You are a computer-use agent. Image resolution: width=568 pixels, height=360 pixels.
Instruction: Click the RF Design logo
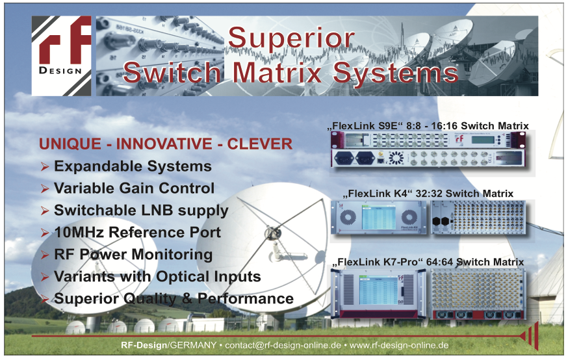[62, 56]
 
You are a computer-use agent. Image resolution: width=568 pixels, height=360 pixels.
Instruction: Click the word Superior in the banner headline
[291, 38]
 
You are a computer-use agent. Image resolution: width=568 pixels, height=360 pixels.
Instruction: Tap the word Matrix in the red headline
[277, 72]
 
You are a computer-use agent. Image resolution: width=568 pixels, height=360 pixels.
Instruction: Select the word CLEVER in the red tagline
[259, 144]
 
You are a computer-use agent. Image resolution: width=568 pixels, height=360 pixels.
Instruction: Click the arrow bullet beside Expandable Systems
[45, 166]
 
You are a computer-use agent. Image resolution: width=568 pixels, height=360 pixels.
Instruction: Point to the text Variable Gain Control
[134, 188]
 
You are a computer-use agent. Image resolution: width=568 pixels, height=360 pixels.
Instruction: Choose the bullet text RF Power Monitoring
[133, 255]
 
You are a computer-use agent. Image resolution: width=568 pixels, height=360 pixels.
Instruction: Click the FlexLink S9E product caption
[428, 125]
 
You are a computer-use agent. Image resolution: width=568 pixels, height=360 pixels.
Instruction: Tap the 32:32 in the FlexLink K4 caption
[429, 194]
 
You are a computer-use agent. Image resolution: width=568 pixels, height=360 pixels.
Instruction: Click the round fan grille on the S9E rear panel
[396, 158]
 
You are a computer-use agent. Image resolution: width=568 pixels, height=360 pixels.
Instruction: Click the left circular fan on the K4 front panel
[348, 217]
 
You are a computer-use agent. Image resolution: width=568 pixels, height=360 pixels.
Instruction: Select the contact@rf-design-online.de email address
[283, 345]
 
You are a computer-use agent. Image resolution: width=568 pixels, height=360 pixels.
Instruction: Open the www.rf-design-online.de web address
[399, 345]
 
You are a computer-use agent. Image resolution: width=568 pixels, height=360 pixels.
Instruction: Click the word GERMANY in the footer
[193, 345]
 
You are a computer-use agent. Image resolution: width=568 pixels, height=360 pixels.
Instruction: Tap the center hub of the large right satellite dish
[272, 233]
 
